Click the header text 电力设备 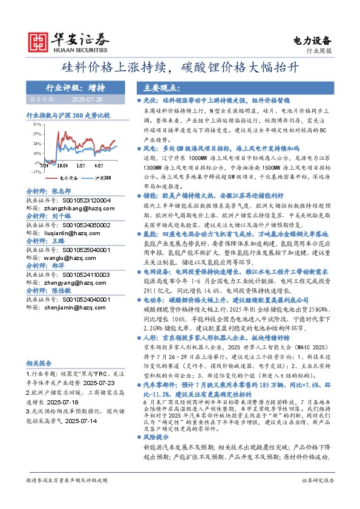[312, 41]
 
